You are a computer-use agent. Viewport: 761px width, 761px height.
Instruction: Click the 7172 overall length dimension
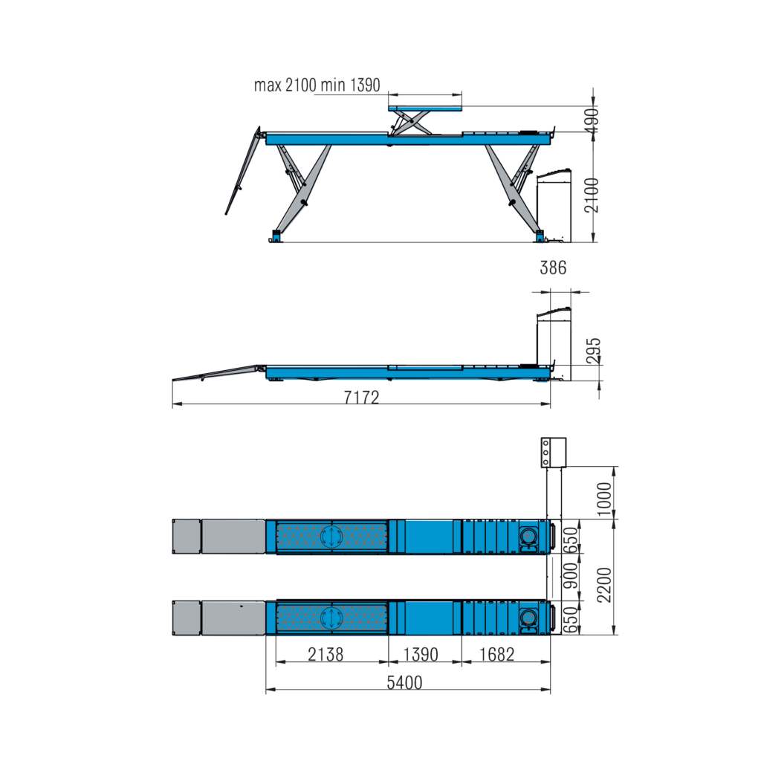(x=362, y=397)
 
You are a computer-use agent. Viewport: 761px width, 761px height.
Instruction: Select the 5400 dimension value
(x=404, y=682)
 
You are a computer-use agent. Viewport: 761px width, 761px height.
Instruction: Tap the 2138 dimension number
(x=326, y=654)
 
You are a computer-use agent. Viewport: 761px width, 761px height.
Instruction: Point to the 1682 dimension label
(x=496, y=654)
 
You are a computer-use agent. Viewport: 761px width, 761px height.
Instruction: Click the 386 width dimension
(x=553, y=268)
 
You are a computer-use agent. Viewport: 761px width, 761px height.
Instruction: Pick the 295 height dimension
(x=593, y=351)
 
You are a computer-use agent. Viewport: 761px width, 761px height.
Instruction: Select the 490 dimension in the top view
(x=592, y=120)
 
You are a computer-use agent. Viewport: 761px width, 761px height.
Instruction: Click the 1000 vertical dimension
(x=604, y=499)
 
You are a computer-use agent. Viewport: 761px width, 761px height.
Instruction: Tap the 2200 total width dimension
(x=604, y=585)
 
